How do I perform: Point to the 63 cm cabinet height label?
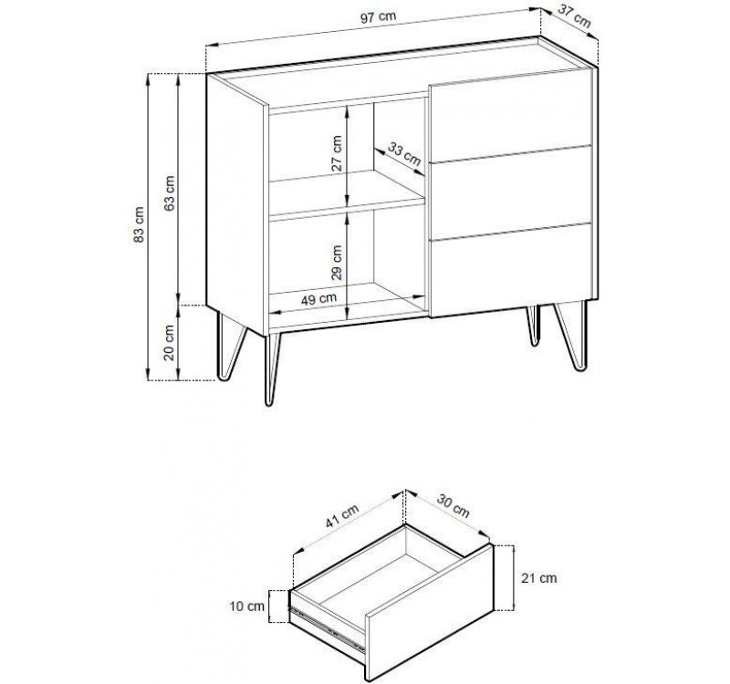pyautogui.click(x=171, y=190)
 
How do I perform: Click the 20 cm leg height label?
pyautogui.click(x=171, y=344)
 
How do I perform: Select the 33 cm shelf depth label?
pyautogui.click(x=404, y=156)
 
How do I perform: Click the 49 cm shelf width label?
pyautogui.click(x=318, y=297)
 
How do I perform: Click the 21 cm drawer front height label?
pyautogui.click(x=537, y=578)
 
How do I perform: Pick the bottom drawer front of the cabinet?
pyautogui.click(x=509, y=271)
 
